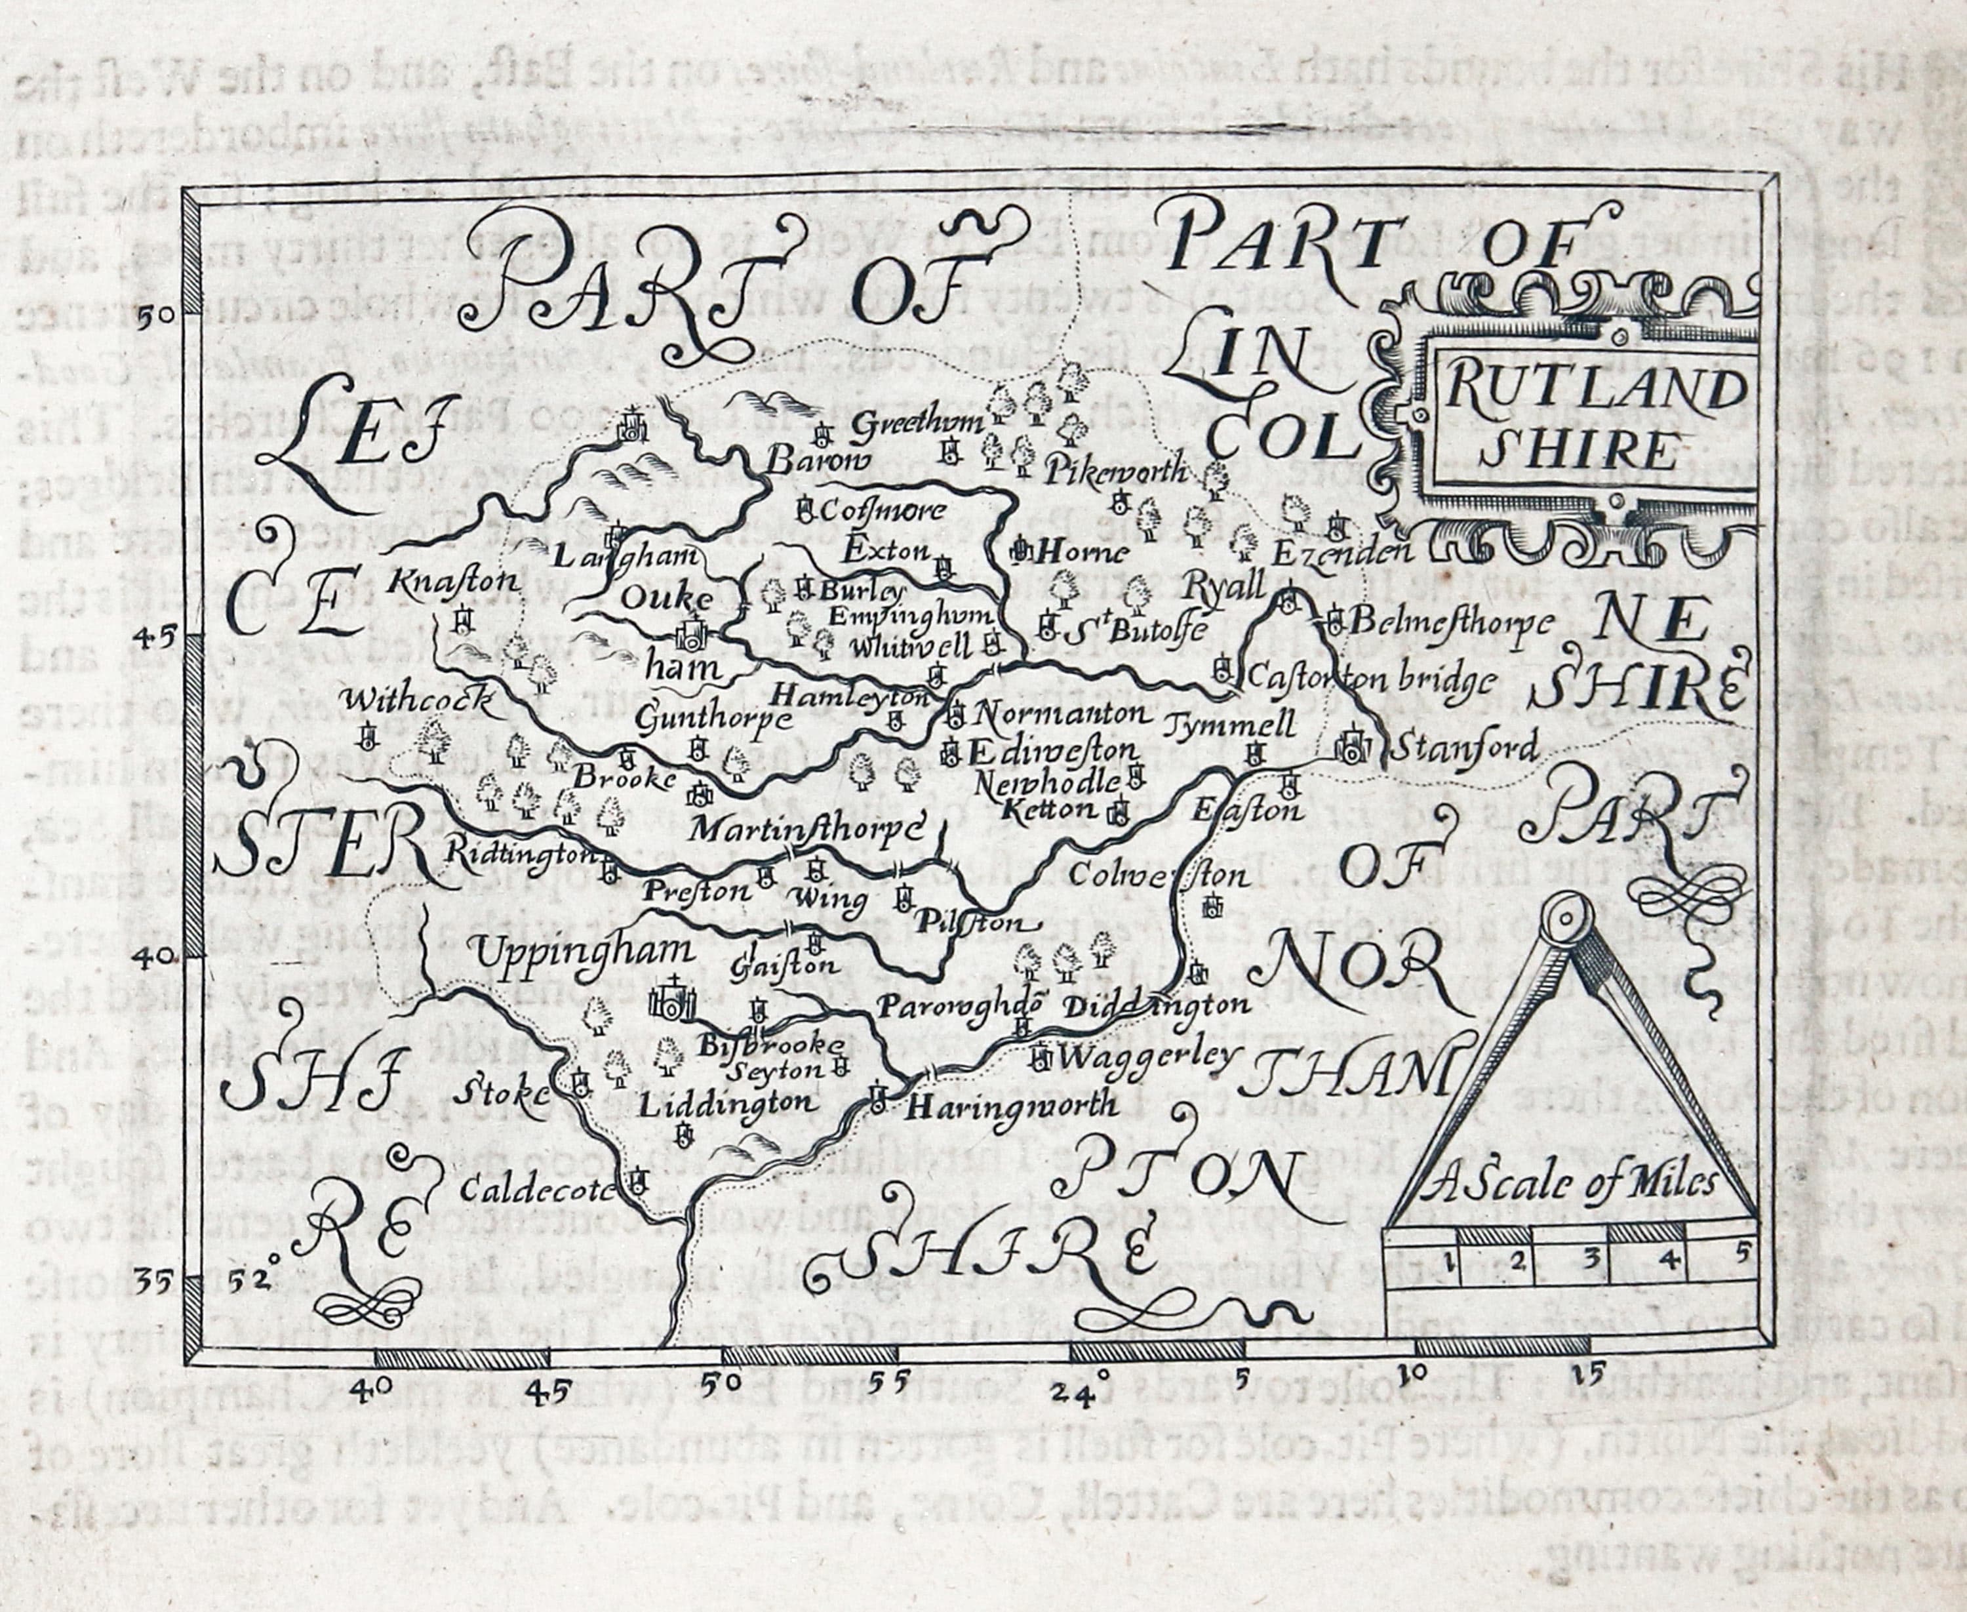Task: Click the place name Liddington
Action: click(x=730, y=1103)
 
